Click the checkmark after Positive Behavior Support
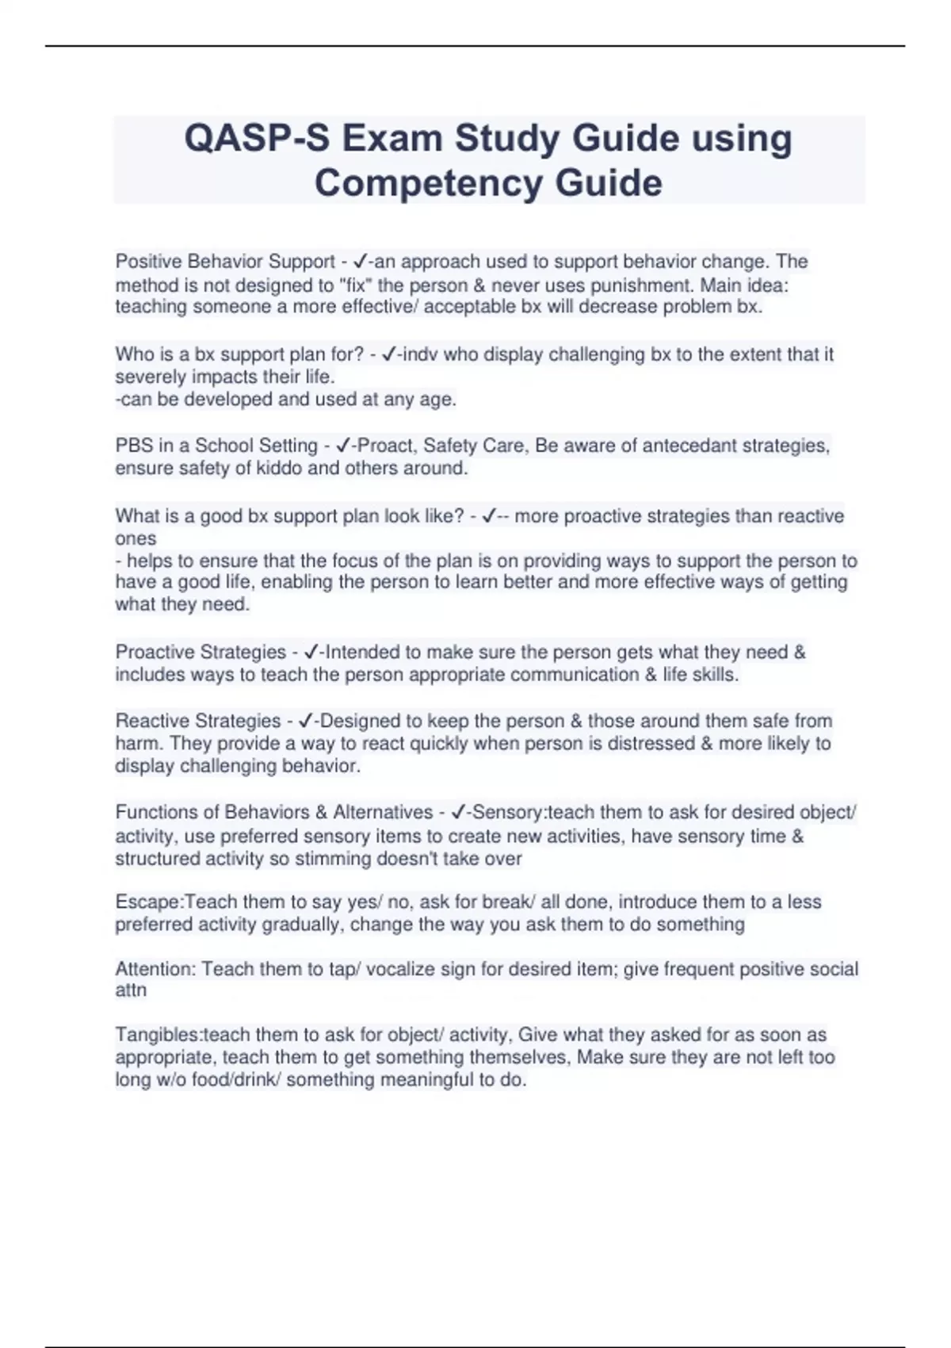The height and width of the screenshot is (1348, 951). [x=360, y=261]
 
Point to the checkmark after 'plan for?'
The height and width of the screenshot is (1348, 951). [x=388, y=354]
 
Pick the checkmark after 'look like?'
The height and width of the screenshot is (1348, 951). [x=489, y=516]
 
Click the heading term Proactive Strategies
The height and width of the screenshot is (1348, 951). [x=201, y=652]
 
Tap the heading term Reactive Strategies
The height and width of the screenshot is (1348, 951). [x=198, y=721]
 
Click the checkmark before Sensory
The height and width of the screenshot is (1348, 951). [x=457, y=812]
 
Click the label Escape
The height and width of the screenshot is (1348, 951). [x=148, y=902]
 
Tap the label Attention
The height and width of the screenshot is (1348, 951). [x=155, y=969]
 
